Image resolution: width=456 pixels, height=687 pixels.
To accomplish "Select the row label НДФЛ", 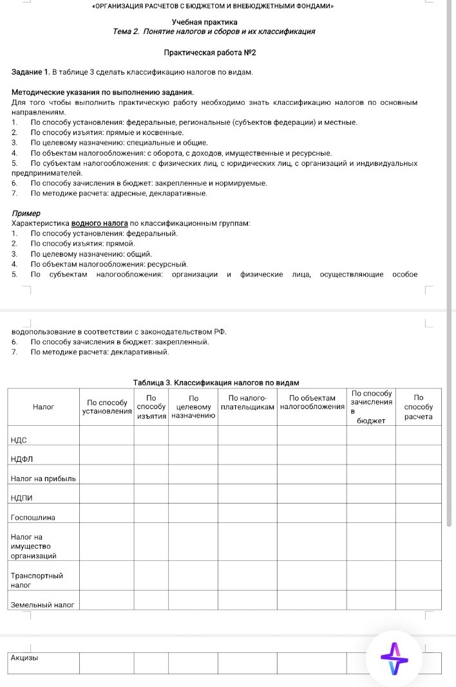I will [23, 459].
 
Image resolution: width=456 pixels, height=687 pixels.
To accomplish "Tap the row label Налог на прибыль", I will [43, 479].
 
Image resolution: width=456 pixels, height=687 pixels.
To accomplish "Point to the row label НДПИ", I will [22, 498].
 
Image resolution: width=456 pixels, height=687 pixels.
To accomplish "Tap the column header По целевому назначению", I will [194, 407].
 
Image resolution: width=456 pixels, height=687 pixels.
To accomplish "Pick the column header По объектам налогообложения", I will [312, 403].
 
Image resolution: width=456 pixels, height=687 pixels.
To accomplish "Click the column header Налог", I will [43, 407].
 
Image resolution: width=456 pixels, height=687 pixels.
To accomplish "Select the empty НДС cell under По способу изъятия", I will [151, 436].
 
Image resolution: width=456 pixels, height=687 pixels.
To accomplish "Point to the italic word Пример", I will [26, 213].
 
